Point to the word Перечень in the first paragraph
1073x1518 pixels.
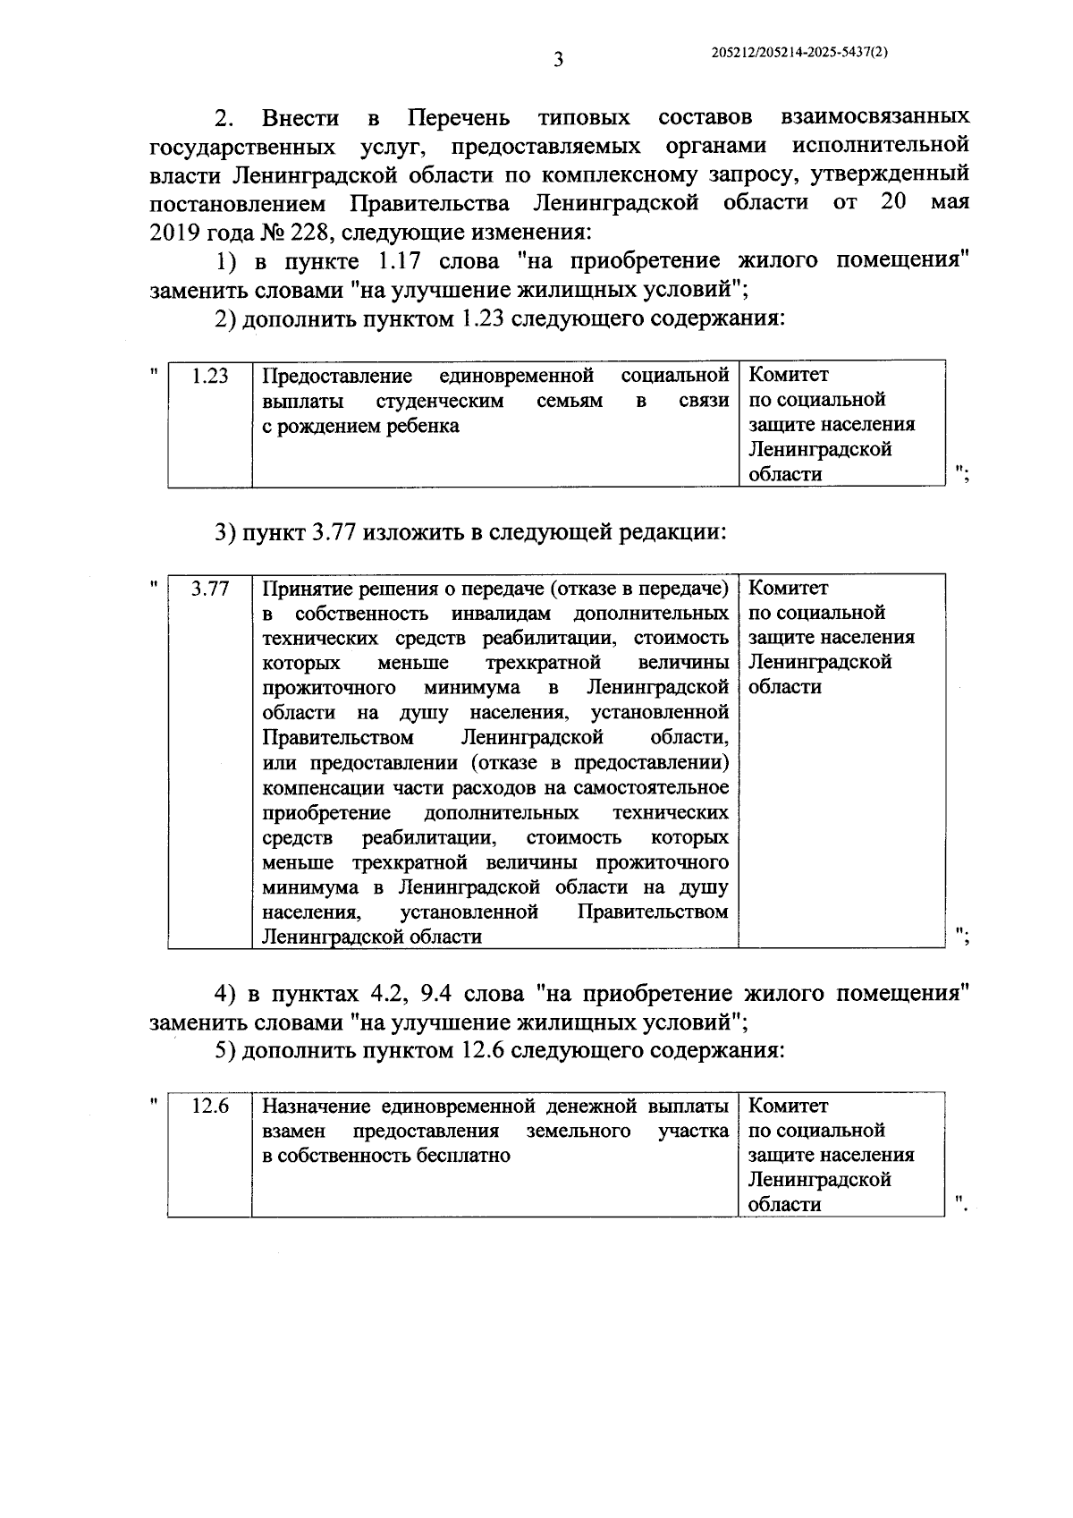pos(459,118)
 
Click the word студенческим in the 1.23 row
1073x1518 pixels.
pos(440,402)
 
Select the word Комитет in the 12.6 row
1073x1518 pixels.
pos(788,1107)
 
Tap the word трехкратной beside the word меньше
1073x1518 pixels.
pos(542,664)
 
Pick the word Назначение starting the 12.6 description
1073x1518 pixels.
pos(310,1107)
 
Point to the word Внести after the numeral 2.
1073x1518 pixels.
pos(300,118)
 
